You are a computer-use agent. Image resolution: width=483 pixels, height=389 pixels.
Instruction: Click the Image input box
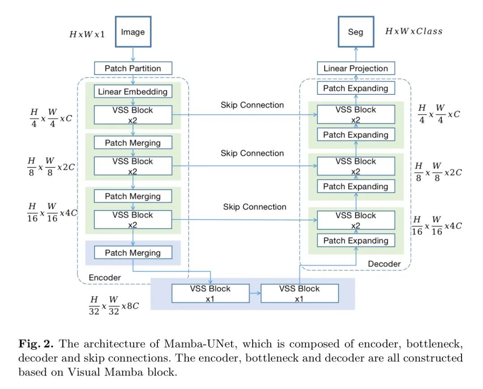pyautogui.click(x=133, y=32)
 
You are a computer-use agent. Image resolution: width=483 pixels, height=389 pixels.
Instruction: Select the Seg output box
pyautogui.click(x=356, y=32)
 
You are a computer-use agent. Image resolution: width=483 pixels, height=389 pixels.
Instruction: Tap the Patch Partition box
pyautogui.click(x=133, y=68)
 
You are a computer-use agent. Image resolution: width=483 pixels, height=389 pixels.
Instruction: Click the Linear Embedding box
pyautogui.click(x=133, y=92)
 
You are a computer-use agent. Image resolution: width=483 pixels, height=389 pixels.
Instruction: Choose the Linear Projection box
pyautogui.click(x=356, y=68)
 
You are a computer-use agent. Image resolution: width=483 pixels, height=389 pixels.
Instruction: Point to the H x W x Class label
pyautogui.click(x=414, y=31)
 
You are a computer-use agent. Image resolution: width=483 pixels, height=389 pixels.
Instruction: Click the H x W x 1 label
pyautogui.click(x=87, y=34)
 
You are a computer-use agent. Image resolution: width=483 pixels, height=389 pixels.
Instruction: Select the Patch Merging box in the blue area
pyautogui.click(x=133, y=253)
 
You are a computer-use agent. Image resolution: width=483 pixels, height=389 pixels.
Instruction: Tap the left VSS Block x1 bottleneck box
pyautogui.click(x=211, y=293)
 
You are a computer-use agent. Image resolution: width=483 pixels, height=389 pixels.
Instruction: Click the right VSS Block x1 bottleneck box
pyautogui.click(x=300, y=293)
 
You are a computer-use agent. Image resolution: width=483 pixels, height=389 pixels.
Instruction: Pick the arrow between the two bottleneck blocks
pyautogui.click(x=255, y=293)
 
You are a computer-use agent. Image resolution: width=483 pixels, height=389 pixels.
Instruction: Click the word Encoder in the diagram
pyautogui.click(x=105, y=277)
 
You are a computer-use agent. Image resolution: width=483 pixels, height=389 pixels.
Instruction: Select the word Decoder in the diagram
pyautogui.click(x=384, y=264)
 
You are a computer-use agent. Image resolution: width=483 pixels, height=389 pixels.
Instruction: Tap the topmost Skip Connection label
pyautogui.click(x=252, y=105)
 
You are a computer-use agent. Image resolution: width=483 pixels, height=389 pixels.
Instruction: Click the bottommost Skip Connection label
pyautogui.click(x=255, y=207)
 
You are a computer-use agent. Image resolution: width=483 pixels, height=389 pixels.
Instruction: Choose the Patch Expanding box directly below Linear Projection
pyautogui.click(x=356, y=88)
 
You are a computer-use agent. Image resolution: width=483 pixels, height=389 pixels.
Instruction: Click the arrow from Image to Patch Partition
pyautogui.click(x=133, y=54)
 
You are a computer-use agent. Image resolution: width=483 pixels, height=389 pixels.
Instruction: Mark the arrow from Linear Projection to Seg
pyautogui.click(x=356, y=54)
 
